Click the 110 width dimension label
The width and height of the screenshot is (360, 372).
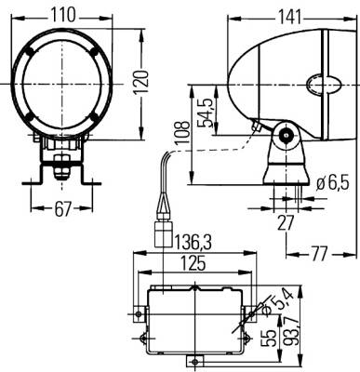(63, 15)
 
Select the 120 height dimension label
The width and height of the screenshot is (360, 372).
(141, 83)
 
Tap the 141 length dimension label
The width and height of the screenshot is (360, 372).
(289, 17)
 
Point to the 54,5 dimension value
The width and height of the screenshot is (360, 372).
(205, 113)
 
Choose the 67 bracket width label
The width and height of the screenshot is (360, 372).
(63, 209)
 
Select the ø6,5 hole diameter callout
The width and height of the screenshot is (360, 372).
(333, 183)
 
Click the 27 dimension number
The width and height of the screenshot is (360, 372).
(286, 222)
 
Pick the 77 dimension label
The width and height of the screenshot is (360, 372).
(319, 254)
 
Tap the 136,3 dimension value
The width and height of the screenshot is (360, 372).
(193, 242)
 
